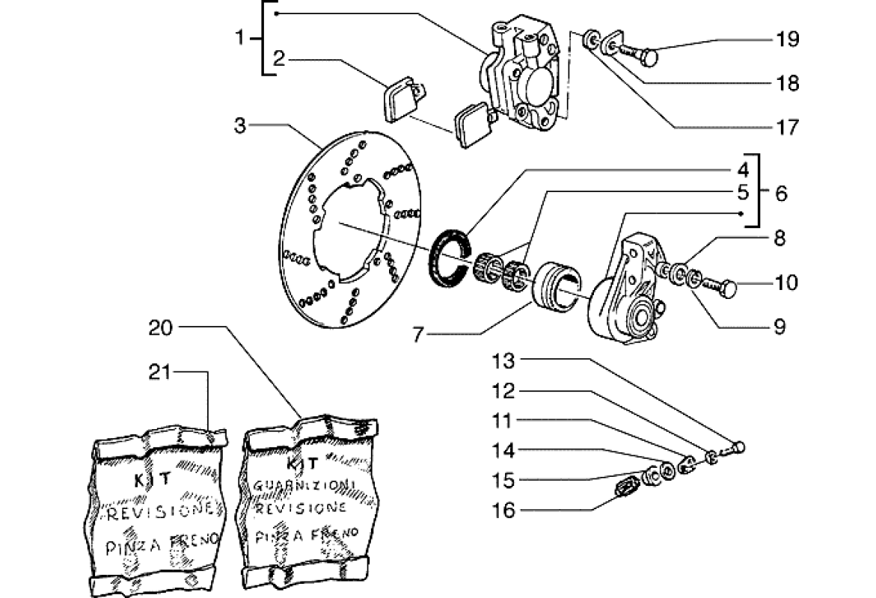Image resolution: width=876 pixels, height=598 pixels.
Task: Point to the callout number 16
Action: [506, 511]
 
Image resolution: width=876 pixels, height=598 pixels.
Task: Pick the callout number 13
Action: [505, 362]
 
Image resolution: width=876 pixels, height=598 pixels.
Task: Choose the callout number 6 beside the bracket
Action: [780, 193]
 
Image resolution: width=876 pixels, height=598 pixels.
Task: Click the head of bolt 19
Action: [649, 55]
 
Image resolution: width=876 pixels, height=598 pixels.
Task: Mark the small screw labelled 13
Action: [738, 448]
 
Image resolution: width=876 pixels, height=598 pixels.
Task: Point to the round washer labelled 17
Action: [592, 39]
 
